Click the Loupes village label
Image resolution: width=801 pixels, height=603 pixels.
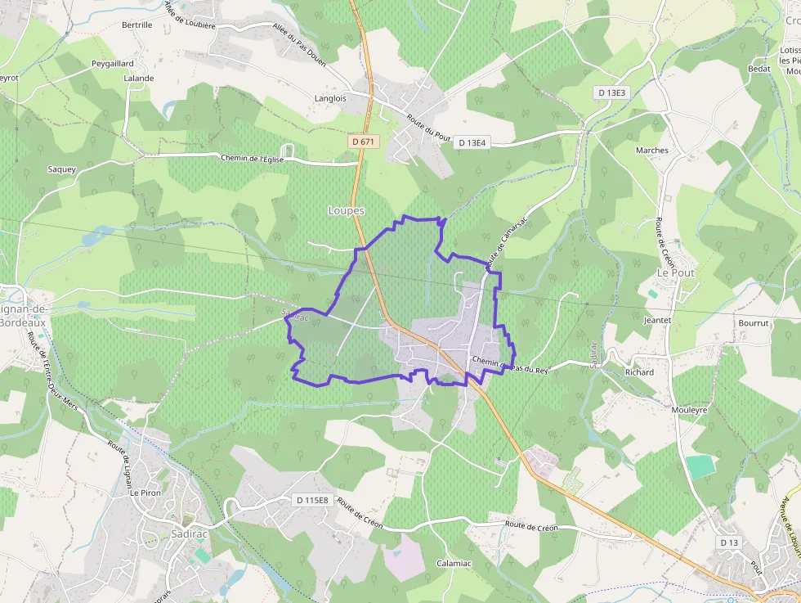click(346, 210)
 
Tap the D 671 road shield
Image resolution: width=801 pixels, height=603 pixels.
click(365, 142)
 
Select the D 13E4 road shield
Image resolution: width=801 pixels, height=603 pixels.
click(472, 142)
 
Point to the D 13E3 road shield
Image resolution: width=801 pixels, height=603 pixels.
click(612, 92)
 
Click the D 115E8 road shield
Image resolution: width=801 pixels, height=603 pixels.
click(311, 500)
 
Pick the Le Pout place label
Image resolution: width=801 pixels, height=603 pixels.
click(676, 272)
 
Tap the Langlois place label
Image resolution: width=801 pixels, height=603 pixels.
click(330, 98)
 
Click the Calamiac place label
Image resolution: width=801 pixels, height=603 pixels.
click(454, 563)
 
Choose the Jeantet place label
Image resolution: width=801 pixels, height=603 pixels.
click(657, 321)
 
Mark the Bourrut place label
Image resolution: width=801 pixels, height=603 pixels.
click(754, 323)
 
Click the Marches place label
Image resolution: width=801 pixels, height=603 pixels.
click(652, 151)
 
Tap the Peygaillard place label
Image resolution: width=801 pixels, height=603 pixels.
click(113, 63)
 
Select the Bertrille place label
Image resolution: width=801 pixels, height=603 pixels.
click(137, 25)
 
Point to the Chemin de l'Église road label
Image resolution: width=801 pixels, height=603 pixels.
click(253, 159)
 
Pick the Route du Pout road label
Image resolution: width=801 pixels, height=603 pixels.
click(428, 126)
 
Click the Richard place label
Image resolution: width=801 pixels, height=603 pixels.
click(639, 372)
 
